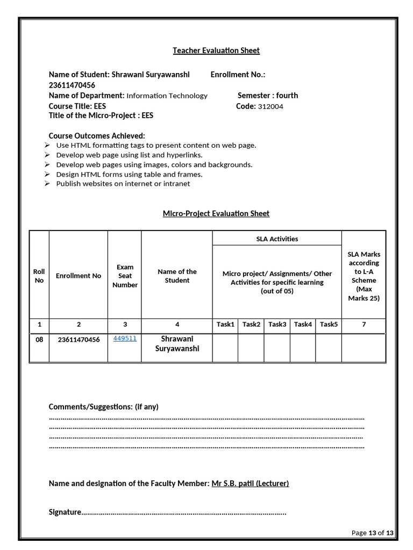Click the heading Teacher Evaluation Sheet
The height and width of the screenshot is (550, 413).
coord(216,50)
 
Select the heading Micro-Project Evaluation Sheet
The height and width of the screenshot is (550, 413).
coord(216,214)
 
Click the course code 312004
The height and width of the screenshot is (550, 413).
coord(270,106)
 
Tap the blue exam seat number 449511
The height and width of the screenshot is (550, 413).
coord(125,338)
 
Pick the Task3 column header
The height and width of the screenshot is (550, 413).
coord(277,324)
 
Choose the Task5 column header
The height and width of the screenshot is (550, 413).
coord(329,324)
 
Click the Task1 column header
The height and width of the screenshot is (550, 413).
coord(225,324)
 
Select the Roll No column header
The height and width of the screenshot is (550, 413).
coord(39,276)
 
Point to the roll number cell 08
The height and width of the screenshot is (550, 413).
coord(39,339)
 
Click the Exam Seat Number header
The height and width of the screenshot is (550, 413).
coord(125,276)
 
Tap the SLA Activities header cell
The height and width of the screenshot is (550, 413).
coord(277,239)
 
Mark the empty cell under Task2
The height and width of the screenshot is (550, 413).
coord(251,348)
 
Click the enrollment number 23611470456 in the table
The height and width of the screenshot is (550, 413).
coord(79,339)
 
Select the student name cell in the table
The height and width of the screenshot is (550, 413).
coord(177,344)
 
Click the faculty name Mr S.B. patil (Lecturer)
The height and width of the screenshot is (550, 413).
coord(250,483)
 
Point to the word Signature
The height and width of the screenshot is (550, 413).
coord(65,512)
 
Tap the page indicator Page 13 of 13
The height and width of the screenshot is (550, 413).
coord(372,533)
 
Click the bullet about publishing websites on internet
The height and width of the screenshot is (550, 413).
coord(123,184)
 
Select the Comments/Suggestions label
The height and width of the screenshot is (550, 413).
coord(104,407)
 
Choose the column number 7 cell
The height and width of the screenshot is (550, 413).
coord(364,324)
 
